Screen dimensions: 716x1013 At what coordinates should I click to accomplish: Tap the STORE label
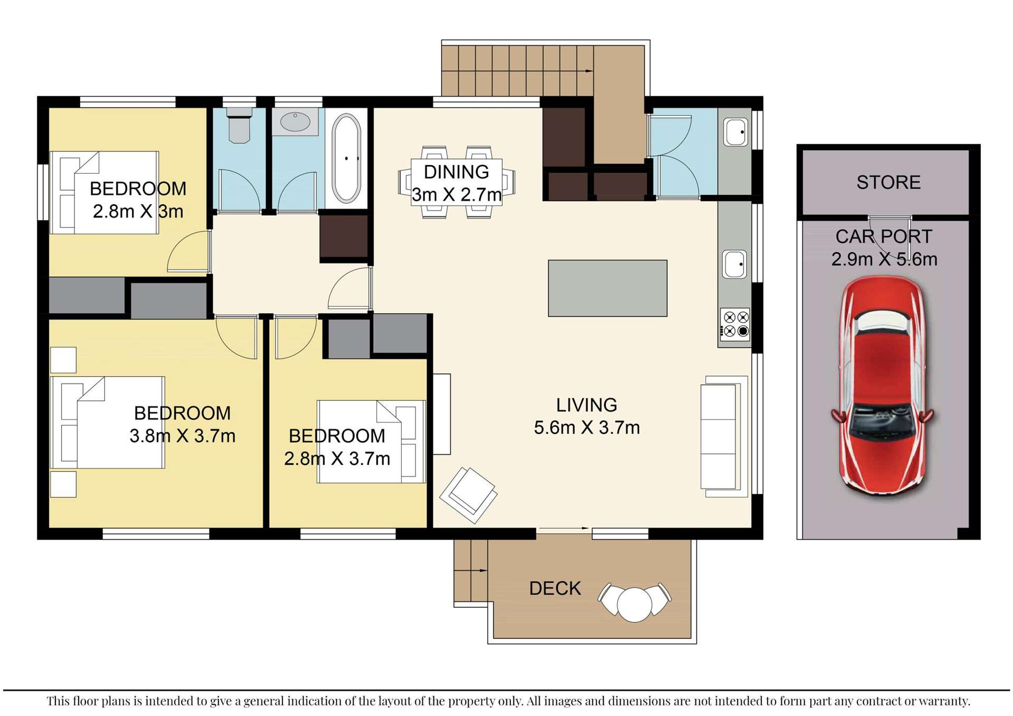click(888, 183)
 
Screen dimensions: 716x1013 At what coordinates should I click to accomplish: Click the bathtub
click(346, 158)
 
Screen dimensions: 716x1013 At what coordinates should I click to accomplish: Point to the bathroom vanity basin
click(295, 122)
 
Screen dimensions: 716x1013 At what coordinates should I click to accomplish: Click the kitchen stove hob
click(736, 324)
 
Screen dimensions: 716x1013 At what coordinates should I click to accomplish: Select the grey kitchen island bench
click(607, 288)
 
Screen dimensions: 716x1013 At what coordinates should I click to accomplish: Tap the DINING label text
click(456, 172)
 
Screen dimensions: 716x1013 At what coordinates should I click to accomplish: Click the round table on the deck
click(635, 605)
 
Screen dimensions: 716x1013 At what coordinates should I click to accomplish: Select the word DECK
click(555, 589)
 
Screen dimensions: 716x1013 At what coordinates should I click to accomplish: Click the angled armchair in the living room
click(468, 494)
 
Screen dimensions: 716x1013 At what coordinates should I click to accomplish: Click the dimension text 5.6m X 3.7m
click(586, 428)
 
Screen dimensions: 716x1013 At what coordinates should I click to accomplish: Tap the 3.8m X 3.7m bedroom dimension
click(182, 436)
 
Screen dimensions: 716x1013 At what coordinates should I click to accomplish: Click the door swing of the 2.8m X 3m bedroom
click(188, 254)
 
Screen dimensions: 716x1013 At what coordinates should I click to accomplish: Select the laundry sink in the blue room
click(735, 132)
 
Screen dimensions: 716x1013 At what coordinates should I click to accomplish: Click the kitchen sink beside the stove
click(734, 264)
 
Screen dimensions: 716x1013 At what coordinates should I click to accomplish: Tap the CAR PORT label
click(884, 237)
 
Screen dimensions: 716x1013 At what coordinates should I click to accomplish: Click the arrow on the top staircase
click(588, 71)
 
